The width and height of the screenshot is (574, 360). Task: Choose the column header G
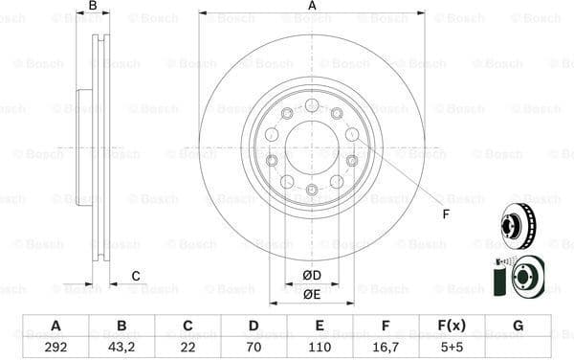(x=518, y=326)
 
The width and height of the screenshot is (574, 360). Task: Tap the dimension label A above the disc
(x=312, y=7)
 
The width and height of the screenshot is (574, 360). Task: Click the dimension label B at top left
(x=93, y=7)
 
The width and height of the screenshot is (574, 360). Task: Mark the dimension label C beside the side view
(x=136, y=277)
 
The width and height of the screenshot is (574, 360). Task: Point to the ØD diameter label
(x=312, y=276)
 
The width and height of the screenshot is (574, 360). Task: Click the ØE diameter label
(x=312, y=294)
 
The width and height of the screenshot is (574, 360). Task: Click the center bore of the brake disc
(x=312, y=147)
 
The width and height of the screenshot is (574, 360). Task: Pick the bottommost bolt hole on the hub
(x=312, y=191)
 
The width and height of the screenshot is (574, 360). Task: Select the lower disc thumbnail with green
(x=519, y=276)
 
